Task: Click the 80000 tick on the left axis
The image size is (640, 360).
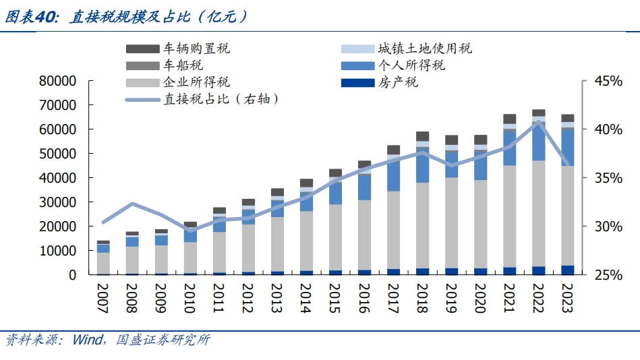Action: coord(57,81)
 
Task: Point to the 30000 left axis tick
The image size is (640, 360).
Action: coord(57,202)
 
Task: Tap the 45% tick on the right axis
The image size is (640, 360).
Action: coord(607,81)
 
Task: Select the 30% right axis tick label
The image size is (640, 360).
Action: coord(607,227)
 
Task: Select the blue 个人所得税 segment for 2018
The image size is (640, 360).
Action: coord(423,165)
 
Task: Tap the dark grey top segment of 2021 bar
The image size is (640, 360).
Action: coord(510,119)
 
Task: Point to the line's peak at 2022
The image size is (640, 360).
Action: coord(539,123)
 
